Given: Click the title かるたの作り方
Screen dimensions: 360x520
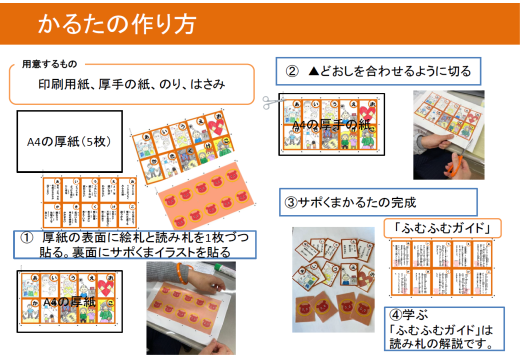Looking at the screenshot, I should (x=117, y=24).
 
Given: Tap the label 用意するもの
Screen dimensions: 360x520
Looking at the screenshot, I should (x=49, y=64).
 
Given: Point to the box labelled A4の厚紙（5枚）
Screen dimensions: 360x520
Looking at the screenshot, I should (x=69, y=142).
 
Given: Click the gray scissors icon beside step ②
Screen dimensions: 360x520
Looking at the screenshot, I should (x=271, y=102).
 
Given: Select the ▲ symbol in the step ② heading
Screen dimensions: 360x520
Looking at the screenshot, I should (x=314, y=71).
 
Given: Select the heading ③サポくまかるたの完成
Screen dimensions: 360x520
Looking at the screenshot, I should (x=350, y=202).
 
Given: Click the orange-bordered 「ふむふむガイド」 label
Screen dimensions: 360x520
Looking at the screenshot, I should (x=442, y=229).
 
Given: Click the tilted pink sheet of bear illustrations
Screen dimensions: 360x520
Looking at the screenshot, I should (x=205, y=192).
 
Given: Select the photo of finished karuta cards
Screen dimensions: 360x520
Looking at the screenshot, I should (x=333, y=279).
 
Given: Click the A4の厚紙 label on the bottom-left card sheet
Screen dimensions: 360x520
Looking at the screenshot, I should (x=69, y=302).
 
